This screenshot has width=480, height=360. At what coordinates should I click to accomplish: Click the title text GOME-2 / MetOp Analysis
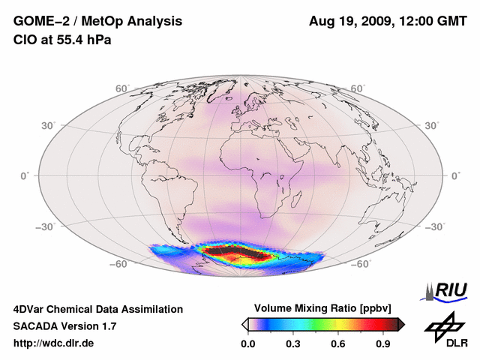pos(87,21)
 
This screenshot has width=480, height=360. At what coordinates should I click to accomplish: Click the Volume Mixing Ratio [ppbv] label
pos(323,308)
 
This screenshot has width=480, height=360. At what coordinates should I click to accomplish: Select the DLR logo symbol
pos(442,325)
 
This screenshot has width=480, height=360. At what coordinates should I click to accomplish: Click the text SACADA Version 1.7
pos(64,326)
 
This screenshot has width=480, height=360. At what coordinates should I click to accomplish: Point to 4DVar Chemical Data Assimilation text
pos(97,309)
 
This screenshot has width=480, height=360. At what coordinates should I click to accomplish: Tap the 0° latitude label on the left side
pos(25,175)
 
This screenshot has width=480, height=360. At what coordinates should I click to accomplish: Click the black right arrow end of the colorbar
pos(401,323)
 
